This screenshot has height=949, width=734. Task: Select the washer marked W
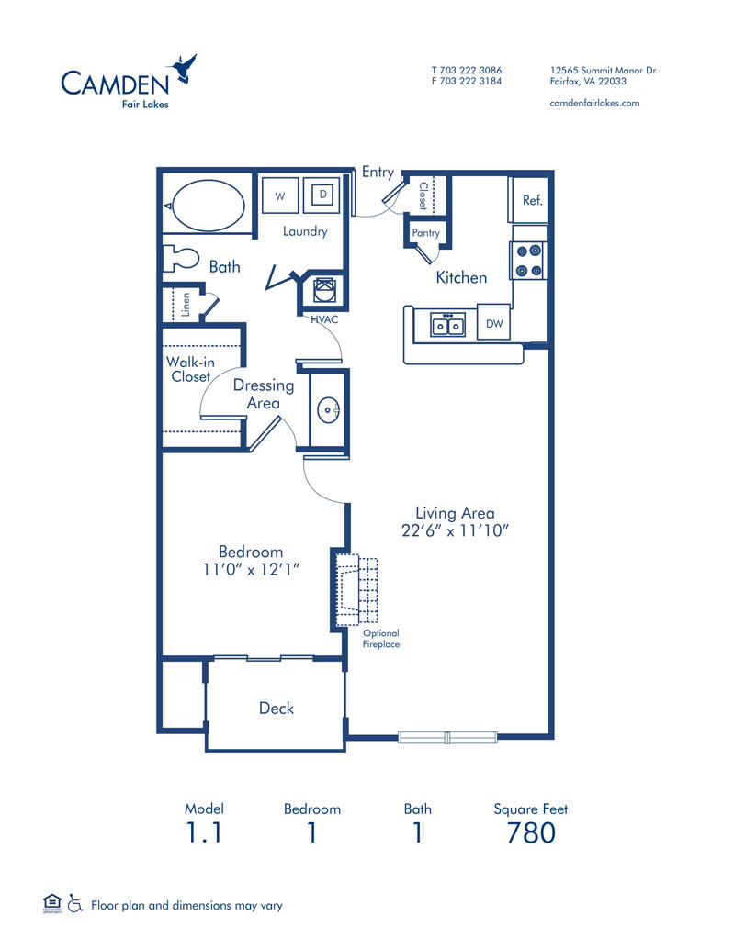[280, 195]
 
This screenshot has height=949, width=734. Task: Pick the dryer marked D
[322, 195]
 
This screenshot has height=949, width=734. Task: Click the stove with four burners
[529, 260]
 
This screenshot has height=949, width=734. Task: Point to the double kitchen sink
[448, 325]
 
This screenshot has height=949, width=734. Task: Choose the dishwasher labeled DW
[494, 323]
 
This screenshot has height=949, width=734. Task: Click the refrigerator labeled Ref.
[532, 200]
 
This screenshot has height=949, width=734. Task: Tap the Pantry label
[425, 233]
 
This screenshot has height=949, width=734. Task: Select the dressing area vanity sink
[327, 409]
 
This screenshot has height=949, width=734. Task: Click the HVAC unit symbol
[324, 291]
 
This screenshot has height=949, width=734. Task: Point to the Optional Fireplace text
[380, 639]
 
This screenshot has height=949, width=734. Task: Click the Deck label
[277, 708]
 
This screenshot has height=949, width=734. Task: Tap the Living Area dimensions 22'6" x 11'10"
[455, 530]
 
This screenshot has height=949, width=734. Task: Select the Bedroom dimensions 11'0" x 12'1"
[251, 569]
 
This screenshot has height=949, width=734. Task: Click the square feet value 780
[531, 833]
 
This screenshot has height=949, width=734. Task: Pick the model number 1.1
[204, 833]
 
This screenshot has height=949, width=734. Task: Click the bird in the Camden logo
[183, 70]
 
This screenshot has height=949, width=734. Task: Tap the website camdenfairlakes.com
[593, 103]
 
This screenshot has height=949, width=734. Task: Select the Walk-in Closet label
[190, 369]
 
